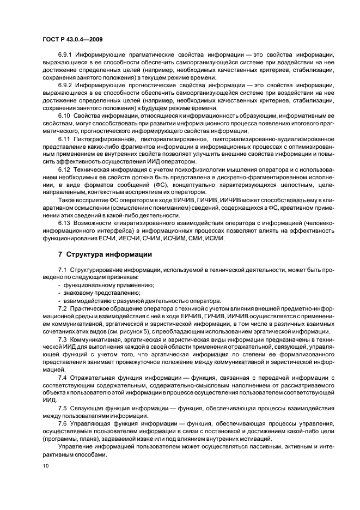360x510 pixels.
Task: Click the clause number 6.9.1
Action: coord(65,55)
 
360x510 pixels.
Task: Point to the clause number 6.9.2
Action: coord(65,86)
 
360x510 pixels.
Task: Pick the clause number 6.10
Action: coord(64,116)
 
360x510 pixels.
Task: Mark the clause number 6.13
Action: coord(64,223)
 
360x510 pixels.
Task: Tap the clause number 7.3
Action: coord(62,338)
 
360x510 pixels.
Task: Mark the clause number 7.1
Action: coord(62,270)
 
